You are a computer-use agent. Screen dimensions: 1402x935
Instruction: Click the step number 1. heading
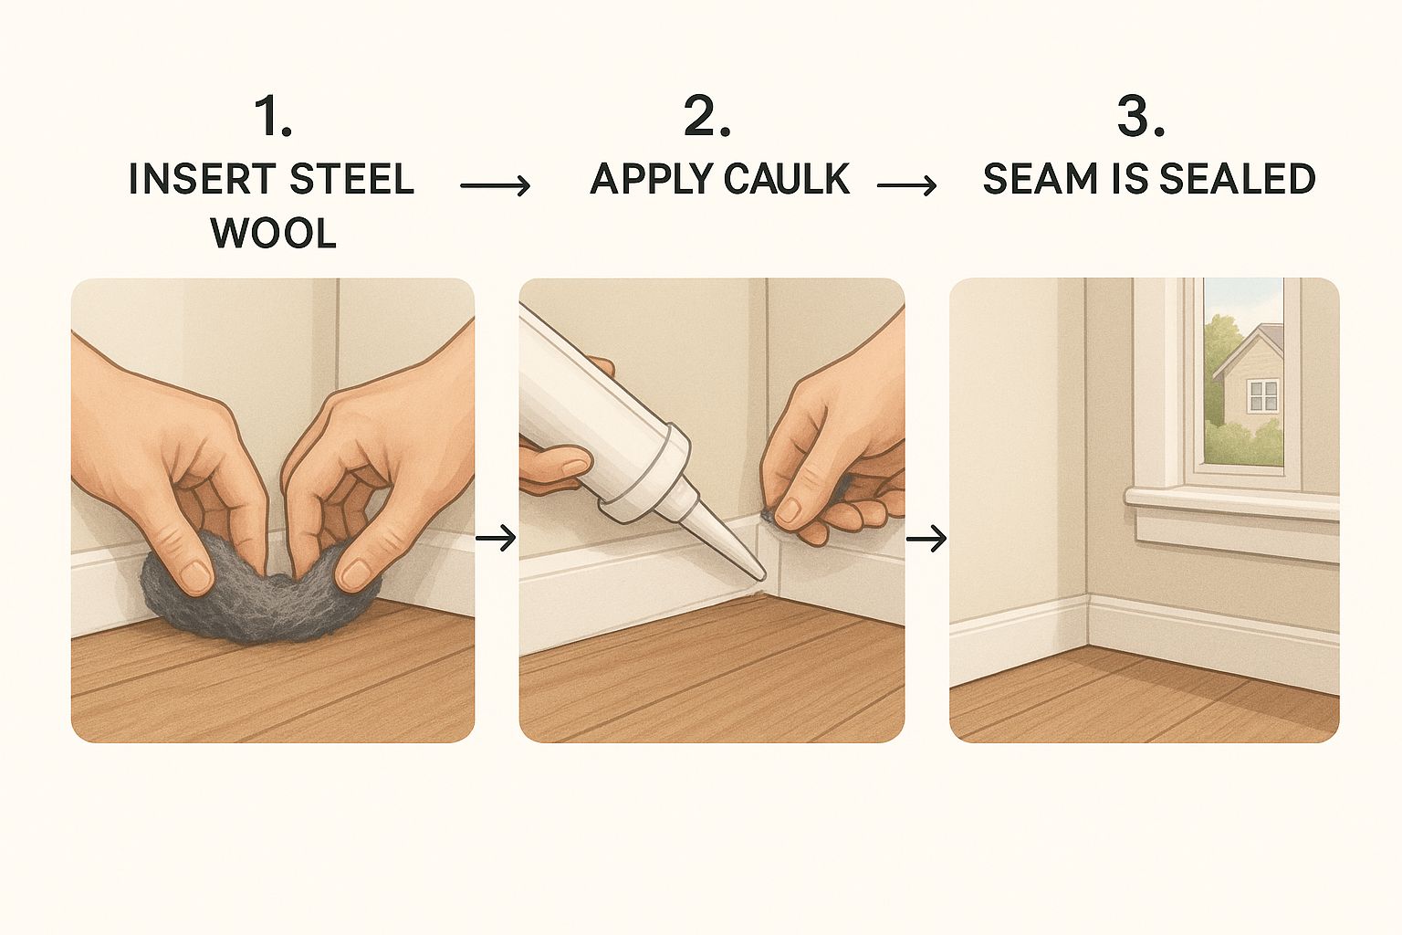(x=273, y=117)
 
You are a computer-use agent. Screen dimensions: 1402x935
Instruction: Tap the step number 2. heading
(x=706, y=117)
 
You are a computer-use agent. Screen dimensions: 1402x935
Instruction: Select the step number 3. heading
(x=1140, y=117)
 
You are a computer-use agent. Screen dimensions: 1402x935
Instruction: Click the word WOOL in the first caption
(x=274, y=235)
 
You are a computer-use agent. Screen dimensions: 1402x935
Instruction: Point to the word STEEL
(x=351, y=178)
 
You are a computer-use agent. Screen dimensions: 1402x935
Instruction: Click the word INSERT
(x=202, y=178)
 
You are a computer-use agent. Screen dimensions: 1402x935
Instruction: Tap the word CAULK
(x=786, y=178)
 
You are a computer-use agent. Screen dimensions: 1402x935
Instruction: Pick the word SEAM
(x=1040, y=178)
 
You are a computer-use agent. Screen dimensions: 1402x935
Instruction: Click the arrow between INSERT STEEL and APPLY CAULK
(x=495, y=185)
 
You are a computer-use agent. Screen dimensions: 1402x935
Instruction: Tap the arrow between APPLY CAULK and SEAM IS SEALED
(x=907, y=185)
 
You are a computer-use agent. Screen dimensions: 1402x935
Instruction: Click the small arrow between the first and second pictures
(x=496, y=537)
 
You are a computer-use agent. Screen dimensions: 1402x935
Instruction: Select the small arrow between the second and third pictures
(x=926, y=537)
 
